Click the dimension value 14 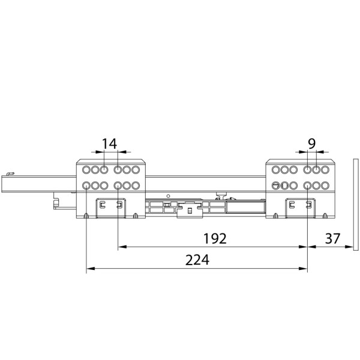109,144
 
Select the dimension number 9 311,144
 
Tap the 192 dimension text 215,239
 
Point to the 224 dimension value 197,260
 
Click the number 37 332,239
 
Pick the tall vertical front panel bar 356,205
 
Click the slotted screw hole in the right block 275,185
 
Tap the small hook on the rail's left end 10,174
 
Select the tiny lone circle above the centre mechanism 168,196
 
